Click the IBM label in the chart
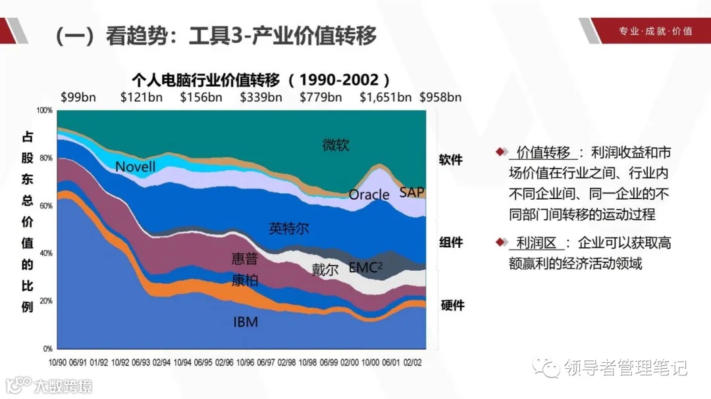(246, 322)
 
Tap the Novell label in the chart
(136, 167)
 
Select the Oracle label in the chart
(369, 195)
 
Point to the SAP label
(412, 193)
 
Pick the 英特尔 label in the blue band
(289, 229)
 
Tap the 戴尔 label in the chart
(325, 269)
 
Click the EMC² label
(365, 268)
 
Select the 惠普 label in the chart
(245, 258)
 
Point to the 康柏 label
(245, 281)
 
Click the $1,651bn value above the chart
(385, 97)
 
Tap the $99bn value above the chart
(78, 97)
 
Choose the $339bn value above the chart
(261, 97)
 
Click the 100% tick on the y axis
(44, 110)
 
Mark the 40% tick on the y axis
(45, 253)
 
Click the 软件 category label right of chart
(451, 160)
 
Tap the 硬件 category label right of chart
(452, 306)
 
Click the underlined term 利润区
(536, 243)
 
